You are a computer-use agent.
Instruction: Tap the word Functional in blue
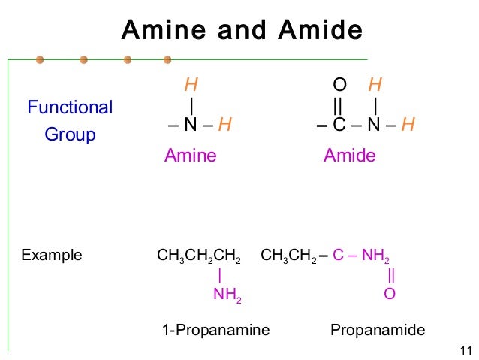[70, 107]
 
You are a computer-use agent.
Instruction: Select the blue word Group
[70, 135]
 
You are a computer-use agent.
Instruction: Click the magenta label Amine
[190, 156]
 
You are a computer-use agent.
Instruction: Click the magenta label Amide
[349, 156]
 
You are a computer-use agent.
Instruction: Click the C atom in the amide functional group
[339, 124]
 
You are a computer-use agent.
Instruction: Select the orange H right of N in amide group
[408, 124]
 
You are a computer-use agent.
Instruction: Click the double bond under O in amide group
[339, 103]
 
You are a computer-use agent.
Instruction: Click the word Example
[52, 256]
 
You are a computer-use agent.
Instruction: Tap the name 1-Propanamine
[215, 330]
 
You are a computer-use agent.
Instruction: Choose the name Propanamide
[378, 330]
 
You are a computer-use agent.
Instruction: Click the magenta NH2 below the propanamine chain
[227, 295]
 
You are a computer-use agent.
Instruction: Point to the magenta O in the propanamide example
[390, 294]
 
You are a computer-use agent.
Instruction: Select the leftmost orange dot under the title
[39, 59]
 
